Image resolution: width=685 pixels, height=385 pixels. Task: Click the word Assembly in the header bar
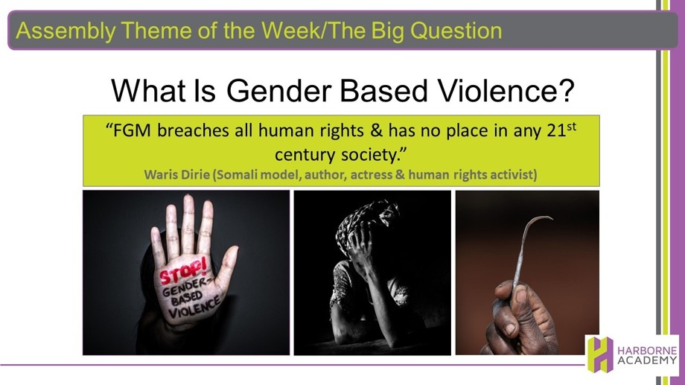point(66,31)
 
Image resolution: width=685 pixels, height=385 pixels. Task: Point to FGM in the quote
point(132,130)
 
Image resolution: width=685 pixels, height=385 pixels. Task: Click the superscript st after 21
point(571,127)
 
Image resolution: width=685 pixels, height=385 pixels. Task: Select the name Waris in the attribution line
point(159,175)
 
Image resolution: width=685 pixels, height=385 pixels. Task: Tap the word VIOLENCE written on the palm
point(194,308)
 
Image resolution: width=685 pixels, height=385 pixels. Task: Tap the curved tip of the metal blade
point(544,217)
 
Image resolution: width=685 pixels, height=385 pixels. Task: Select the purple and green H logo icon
point(600,354)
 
